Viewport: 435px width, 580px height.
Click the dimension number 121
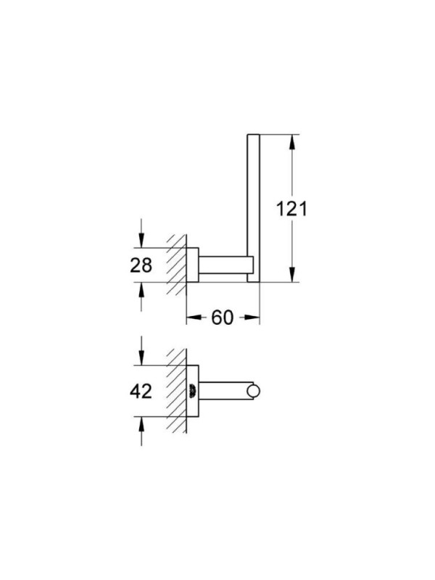click(x=292, y=209)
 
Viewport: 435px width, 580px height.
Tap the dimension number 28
click(x=141, y=265)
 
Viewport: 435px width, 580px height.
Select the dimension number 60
click(x=223, y=318)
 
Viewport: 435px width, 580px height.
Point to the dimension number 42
click(x=141, y=391)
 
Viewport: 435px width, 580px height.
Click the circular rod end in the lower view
click(x=254, y=391)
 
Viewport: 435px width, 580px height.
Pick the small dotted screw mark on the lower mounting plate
click(x=192, y=391)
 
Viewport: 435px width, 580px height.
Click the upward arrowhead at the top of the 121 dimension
click(x=292, y=142)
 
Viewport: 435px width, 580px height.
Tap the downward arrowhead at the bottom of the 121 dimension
click(x=292, y=274)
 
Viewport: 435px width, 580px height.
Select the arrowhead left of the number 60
click(x=195, y=318)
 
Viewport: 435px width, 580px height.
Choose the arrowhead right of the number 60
click(x=250, y=318)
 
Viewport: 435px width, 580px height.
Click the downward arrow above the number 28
click(x=141, y=233)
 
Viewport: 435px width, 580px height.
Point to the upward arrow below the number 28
click(x=141, y=297)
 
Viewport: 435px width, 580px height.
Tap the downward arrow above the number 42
click(x=141, y=351)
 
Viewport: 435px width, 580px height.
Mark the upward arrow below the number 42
click(x=141, y=431)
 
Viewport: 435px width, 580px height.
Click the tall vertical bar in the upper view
click(x=253, y=208)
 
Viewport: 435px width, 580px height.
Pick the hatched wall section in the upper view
click(x=176, y=265)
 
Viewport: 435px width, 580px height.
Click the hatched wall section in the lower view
click(x=176, y=391)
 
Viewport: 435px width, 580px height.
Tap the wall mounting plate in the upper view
click(x=192, y=265)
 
